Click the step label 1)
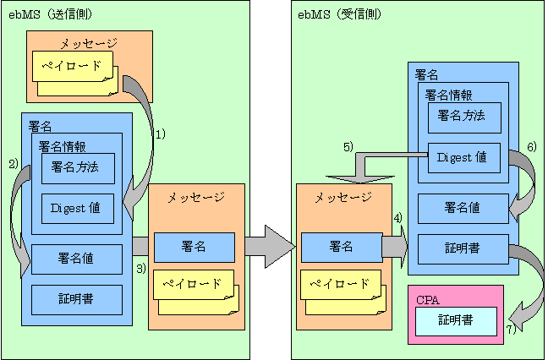coord(158,134)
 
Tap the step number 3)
coord(140,268)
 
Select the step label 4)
coord(397,218)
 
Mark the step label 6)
coord(531,146)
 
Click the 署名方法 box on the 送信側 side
coord(77,168)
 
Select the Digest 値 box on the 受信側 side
coord(463,157)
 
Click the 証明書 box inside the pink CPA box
coord(455,320)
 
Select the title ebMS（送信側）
coord(47,14)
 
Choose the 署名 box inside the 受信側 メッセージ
coord(341,247)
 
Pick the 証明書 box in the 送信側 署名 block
coord(76,298)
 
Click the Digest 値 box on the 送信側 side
coord(77,209)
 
